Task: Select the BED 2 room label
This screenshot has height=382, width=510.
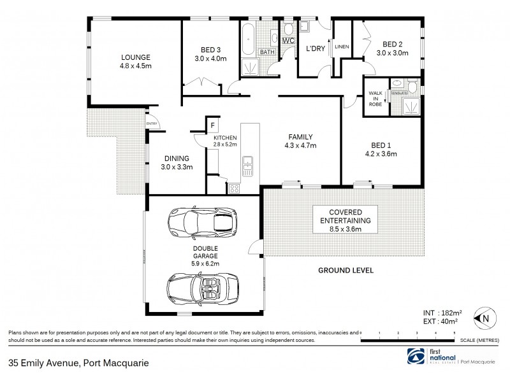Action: (x=391, y=44)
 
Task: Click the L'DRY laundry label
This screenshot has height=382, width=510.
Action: (x=316, y=49)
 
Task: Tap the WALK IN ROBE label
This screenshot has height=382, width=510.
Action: (x=375, y=99)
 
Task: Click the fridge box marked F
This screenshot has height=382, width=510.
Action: (x=212, y=126)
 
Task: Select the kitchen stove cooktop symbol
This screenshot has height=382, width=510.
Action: (x=235, y=187)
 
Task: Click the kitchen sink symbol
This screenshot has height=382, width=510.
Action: (x=248, y=166)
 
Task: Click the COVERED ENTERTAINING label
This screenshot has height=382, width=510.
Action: (x=345, y=216)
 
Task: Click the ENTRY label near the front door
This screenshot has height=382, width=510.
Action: (x=152, y=124)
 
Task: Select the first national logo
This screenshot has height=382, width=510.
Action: (x=433, y=357)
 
